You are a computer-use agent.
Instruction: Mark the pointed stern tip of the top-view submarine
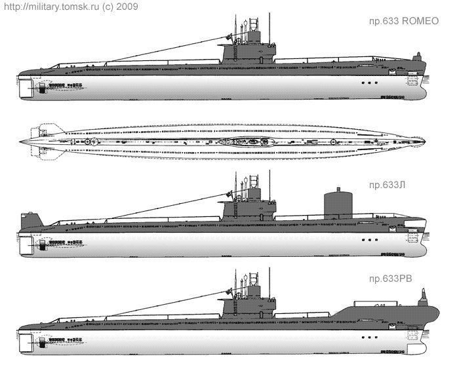(x=21, y=141)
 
